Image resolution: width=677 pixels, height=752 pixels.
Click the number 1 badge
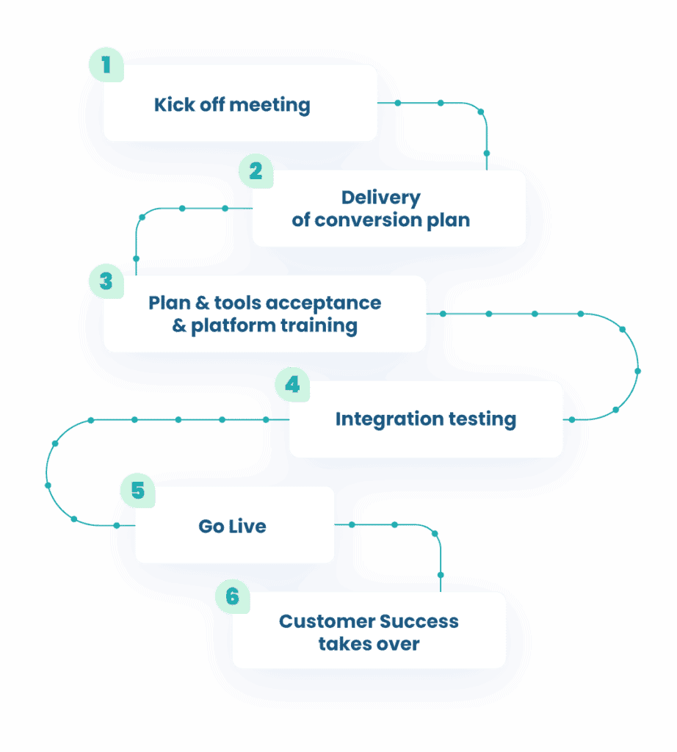106,65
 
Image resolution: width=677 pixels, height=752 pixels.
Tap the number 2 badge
256,171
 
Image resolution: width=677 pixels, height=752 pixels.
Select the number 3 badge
106,281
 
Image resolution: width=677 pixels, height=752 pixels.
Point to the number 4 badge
292,386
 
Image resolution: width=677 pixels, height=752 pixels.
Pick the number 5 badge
137,491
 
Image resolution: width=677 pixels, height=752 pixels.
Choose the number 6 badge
232,596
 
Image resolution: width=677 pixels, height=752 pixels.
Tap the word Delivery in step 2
380,198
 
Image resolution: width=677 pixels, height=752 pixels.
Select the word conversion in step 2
369,220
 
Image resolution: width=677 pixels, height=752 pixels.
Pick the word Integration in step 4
379,419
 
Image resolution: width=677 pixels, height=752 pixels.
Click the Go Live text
232,526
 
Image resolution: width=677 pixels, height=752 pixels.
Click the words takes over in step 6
369,644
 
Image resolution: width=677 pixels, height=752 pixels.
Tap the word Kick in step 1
170,105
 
